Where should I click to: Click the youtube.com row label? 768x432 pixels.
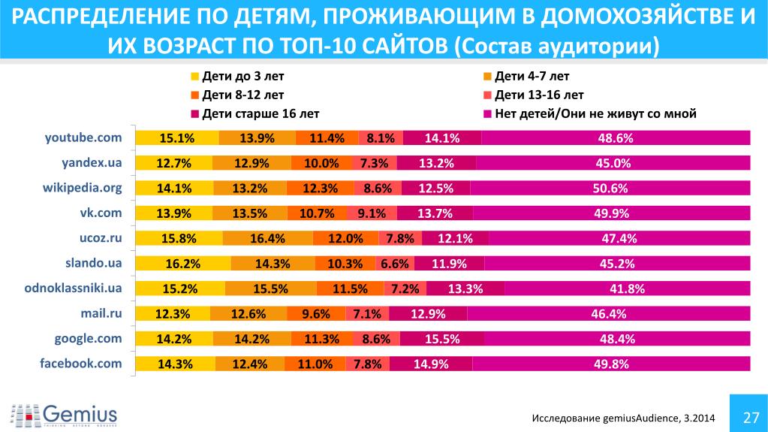83,137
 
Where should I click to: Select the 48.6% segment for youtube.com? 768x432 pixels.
616,137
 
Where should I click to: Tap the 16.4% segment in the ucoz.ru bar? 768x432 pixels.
267,239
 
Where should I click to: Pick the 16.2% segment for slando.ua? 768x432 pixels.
183,264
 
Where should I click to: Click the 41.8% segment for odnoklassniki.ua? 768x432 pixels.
627,289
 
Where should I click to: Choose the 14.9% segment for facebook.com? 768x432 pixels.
430,364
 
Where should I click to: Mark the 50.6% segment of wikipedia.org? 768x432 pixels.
610,188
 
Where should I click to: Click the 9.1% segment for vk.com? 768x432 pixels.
372,213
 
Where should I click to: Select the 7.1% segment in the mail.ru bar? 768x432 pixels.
367,314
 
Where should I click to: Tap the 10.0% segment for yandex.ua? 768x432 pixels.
309,163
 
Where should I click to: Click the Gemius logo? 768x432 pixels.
64,413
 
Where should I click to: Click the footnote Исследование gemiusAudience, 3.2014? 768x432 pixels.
623,418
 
